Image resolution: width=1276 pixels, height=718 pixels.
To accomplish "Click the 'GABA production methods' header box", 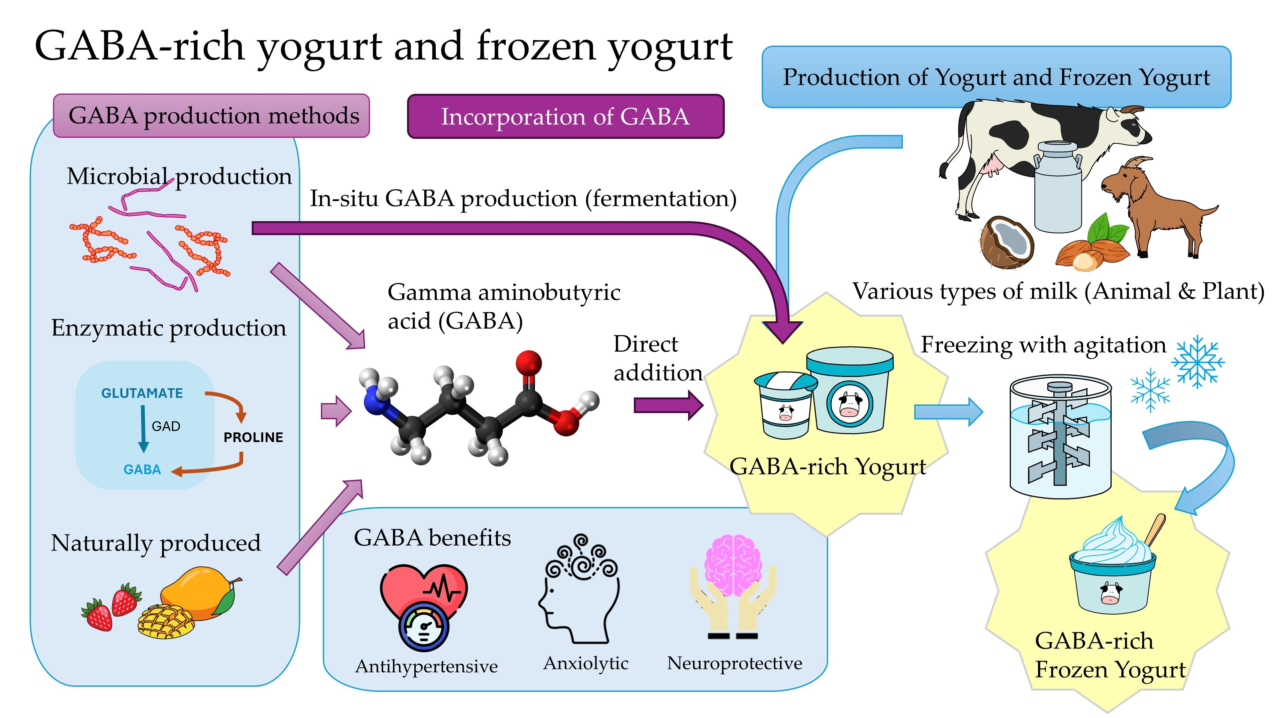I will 211,116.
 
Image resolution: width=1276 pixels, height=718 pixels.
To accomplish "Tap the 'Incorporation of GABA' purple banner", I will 565,116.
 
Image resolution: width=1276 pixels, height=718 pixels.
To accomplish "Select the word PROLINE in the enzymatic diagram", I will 253,437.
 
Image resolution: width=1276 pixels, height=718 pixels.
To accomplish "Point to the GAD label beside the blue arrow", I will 166,426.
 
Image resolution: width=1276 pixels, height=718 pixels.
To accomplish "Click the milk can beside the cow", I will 1057,188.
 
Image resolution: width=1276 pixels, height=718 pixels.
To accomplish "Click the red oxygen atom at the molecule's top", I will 529,363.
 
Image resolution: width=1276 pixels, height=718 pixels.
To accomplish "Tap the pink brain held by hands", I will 733,565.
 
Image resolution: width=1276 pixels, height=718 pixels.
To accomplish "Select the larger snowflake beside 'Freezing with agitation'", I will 1198,362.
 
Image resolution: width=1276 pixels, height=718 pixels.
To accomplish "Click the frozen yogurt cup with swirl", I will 1112,570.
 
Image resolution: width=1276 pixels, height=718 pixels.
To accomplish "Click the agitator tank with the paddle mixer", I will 1060,436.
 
